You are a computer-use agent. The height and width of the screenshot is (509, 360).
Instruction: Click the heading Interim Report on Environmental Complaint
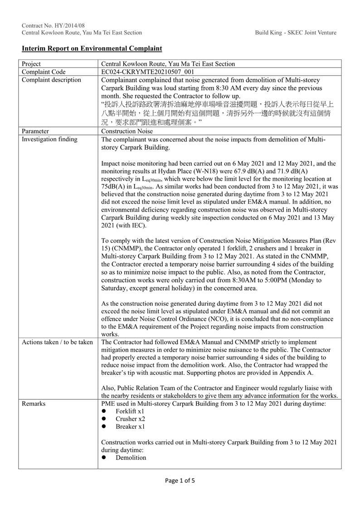coord(92,48)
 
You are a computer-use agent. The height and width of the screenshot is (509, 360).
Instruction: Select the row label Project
coord(31,64)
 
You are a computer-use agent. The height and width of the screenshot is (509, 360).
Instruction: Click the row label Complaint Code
coord(44,72)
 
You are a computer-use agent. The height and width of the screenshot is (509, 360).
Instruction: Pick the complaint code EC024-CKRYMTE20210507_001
coord(148,72)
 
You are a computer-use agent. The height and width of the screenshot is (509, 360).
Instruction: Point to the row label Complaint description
coord(51,80)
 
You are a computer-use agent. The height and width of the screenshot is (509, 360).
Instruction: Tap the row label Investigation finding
coord(49,139)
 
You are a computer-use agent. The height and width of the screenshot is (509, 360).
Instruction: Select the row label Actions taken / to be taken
coord(58,342)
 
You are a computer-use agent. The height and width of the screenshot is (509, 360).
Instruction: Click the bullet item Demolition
coord(131,458)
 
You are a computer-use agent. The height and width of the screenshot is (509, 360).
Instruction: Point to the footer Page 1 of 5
coord(180,481)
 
